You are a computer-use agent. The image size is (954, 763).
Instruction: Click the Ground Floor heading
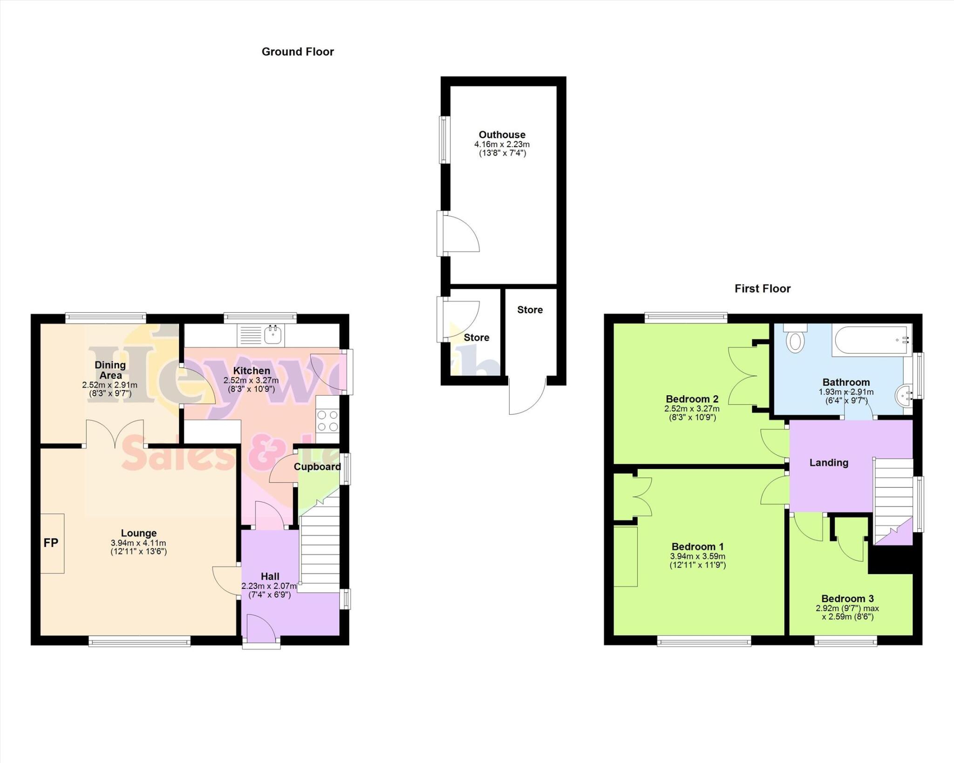point(298,52)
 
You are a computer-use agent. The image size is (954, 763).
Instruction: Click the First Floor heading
point(762,289)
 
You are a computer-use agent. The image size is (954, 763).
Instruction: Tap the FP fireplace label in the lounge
point(51,543)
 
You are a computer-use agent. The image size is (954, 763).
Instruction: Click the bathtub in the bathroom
point(872,341)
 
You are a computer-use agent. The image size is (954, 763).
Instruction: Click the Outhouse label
point(502,135)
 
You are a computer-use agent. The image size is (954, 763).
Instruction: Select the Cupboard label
point(317,467)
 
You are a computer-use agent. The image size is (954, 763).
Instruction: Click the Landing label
point(828,463)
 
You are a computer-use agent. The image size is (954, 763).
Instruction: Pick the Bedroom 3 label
point(847,599)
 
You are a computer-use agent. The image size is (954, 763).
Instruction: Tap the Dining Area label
point(110,370)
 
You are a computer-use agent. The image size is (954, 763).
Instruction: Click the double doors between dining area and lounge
point(115,433)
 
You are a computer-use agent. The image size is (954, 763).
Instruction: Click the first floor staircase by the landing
point(892,498)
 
